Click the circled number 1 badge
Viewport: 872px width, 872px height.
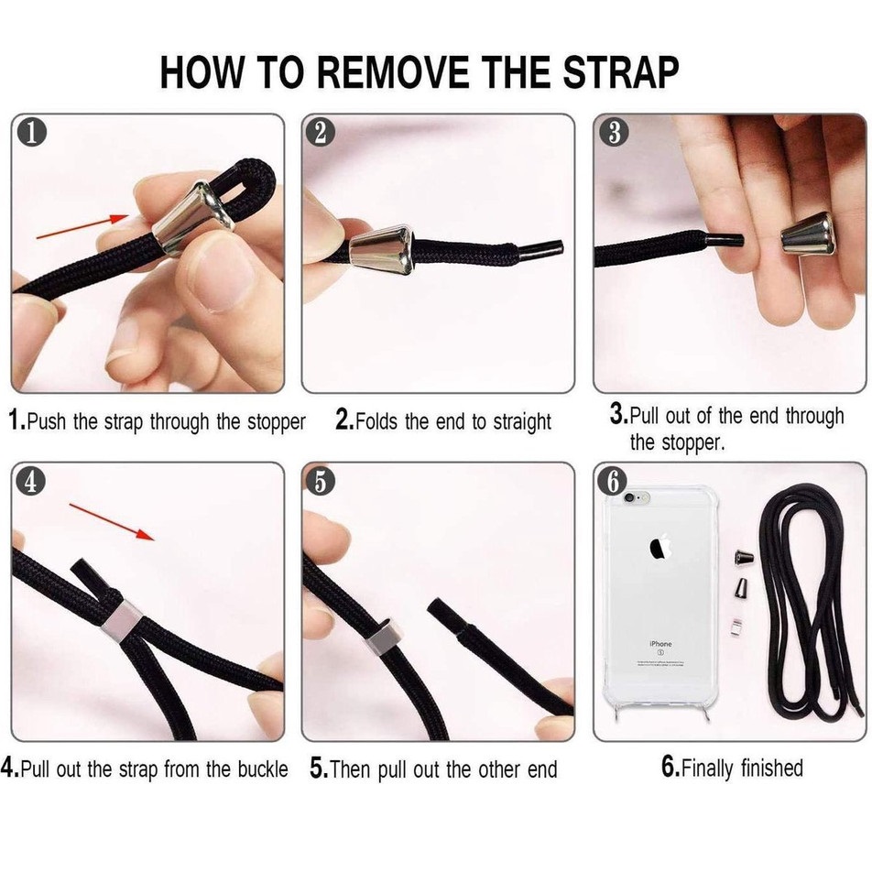pos(31,134)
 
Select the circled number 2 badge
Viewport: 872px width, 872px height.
pos(321,133)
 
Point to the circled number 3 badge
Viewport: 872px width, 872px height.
pos(614,133)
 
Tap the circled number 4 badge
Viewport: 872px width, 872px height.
pos(30,481)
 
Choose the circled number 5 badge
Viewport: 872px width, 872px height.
pos(321,481)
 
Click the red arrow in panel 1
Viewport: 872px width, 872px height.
pos(82,227)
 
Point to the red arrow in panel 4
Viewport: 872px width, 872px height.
pos(112,522)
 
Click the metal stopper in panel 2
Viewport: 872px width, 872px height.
pos(381,250)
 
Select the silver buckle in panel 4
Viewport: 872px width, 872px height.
pos(121,621)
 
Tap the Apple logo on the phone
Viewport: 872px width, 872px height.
pos(660,547)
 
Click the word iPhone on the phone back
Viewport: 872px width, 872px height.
pos(660,643)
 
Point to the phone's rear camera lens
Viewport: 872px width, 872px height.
pos(629,498)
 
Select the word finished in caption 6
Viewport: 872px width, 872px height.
pos(772,768)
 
